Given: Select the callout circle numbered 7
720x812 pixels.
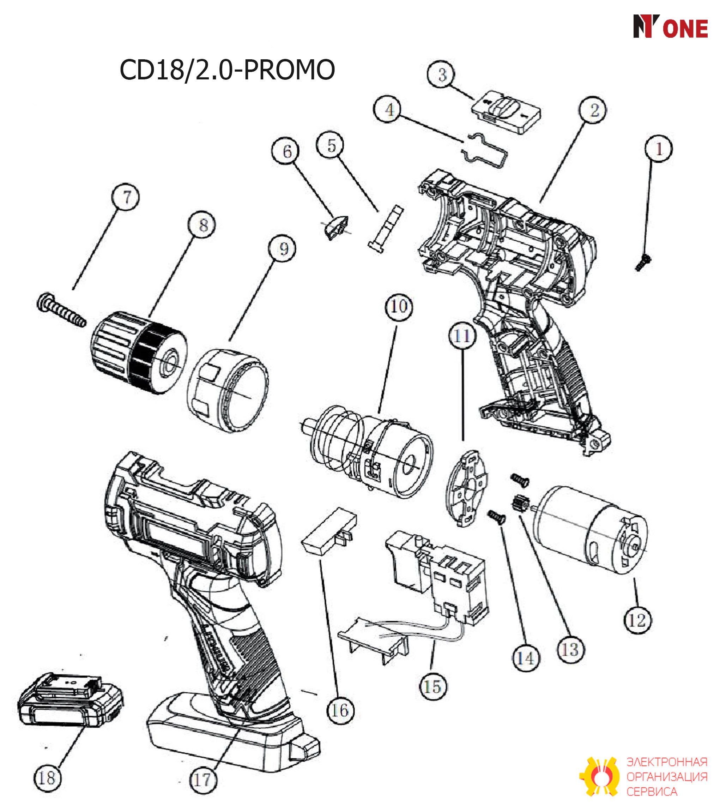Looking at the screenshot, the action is [x=126, y=197].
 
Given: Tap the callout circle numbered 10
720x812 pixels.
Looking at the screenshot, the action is [x=399, y=306].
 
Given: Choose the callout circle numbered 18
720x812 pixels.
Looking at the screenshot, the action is [x=47, y=777].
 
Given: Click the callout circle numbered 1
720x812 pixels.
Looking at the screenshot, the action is [x=659, y=149].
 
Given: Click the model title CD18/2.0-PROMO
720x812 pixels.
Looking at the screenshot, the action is [x=227, y=70].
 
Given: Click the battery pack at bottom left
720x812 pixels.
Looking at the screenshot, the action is [x=71, y=701].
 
